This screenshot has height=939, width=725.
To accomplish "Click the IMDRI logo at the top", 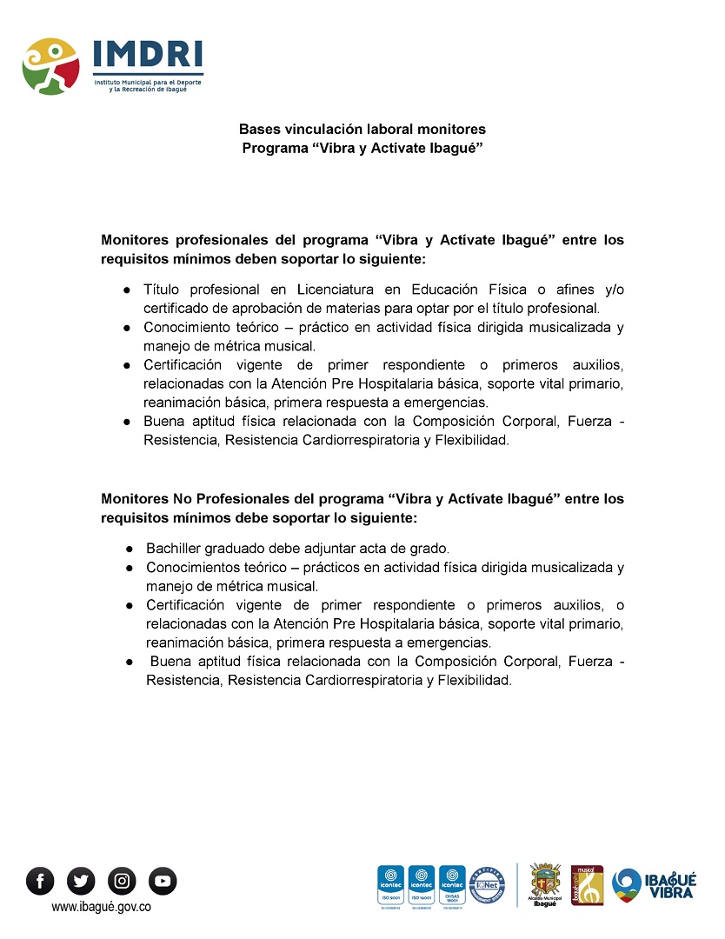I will [x=112, y=66].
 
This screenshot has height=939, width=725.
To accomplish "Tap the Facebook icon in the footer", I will [x=40, y=881].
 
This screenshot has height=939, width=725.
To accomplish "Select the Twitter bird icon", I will [x=81, y=881].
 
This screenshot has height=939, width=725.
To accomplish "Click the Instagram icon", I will [x=122, y=881].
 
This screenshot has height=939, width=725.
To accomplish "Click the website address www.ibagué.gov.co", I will [x=102, y=907].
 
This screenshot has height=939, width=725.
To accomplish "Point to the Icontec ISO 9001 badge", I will [x=389, y=885].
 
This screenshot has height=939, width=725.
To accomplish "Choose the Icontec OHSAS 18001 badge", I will [x=452, y=885].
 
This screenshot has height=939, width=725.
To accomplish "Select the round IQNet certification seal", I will [x=483, y=883].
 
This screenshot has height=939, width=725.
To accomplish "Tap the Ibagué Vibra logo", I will [x=654, y=884].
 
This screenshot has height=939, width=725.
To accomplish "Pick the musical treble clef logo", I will [x=587, y=884].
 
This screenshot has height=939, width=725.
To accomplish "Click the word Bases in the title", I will [x=259, y=130].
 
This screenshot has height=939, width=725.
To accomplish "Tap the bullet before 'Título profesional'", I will [x=126, y=290].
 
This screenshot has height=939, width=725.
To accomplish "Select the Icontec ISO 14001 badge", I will [x=421, y=885].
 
